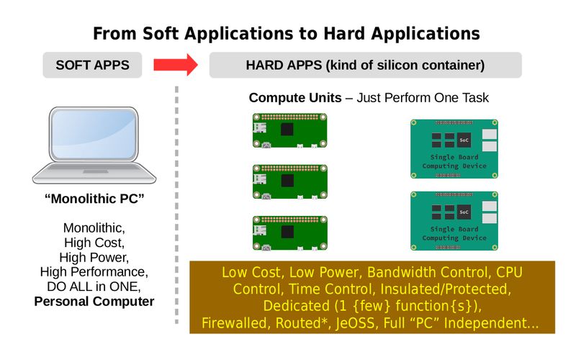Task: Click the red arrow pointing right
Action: click(x=175, y=65)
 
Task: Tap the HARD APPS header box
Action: click(x=365, y=65)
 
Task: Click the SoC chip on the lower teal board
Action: click(x=464, y=212)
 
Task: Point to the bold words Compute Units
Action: click(x=294, y=98)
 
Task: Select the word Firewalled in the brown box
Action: click(x=235, y=323)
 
